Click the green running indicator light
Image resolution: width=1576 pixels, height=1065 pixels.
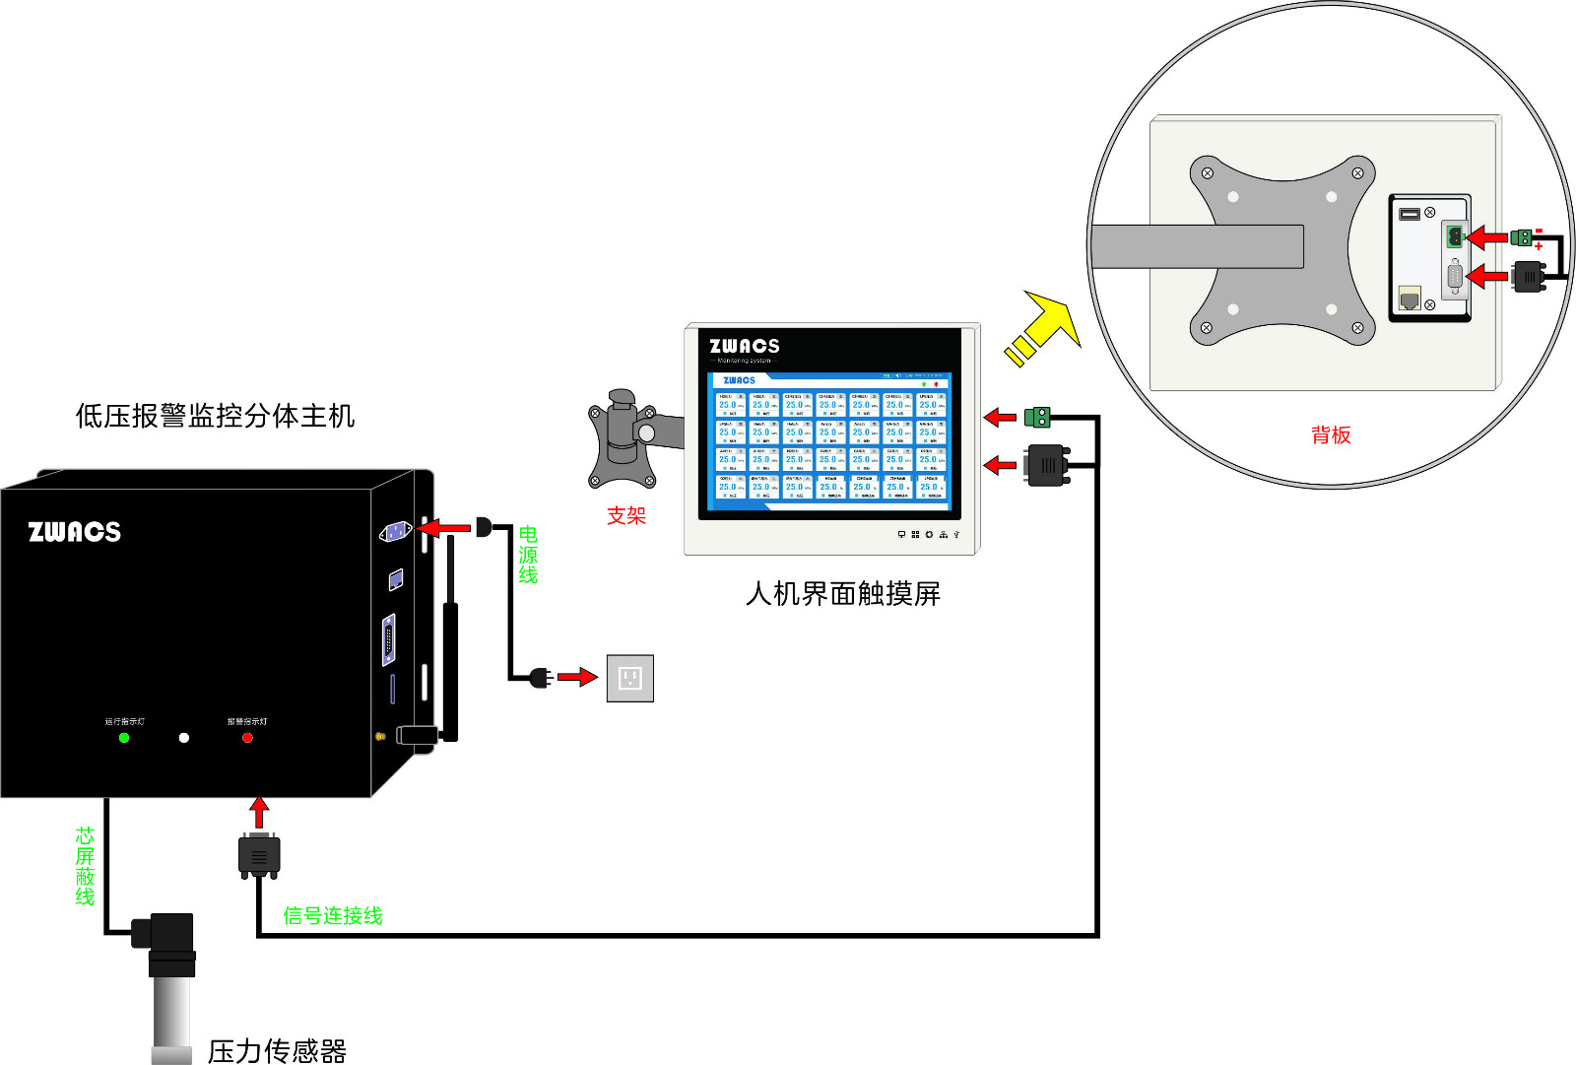point(124,738)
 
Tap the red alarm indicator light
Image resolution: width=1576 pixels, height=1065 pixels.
point(247,738)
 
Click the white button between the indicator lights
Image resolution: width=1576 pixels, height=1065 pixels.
point(184,738)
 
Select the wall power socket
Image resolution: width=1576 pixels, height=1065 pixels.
point(629,678)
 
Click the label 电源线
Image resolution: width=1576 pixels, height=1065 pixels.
point(528,555)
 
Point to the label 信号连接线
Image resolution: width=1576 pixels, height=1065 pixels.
point(333,916)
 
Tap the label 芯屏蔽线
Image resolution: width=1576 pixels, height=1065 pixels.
point(86,866)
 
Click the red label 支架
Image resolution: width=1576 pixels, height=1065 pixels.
point(626,516)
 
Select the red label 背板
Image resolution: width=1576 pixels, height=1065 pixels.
point(1331,435)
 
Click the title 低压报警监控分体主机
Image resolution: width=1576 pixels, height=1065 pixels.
point(215,416)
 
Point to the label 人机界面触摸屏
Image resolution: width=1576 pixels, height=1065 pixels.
point(843,594)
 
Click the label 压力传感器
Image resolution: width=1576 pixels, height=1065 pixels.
point(277,1051)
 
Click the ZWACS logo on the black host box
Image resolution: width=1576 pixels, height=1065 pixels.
point(75,532)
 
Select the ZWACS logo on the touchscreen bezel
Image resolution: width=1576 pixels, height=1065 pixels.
point(745,346)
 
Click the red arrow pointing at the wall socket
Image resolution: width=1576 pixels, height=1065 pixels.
point(577,677)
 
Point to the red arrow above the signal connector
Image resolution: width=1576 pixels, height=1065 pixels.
point(259,813)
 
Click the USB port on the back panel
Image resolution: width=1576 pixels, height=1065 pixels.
point(1410,214)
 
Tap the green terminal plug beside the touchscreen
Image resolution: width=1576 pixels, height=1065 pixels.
point(1037,418)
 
